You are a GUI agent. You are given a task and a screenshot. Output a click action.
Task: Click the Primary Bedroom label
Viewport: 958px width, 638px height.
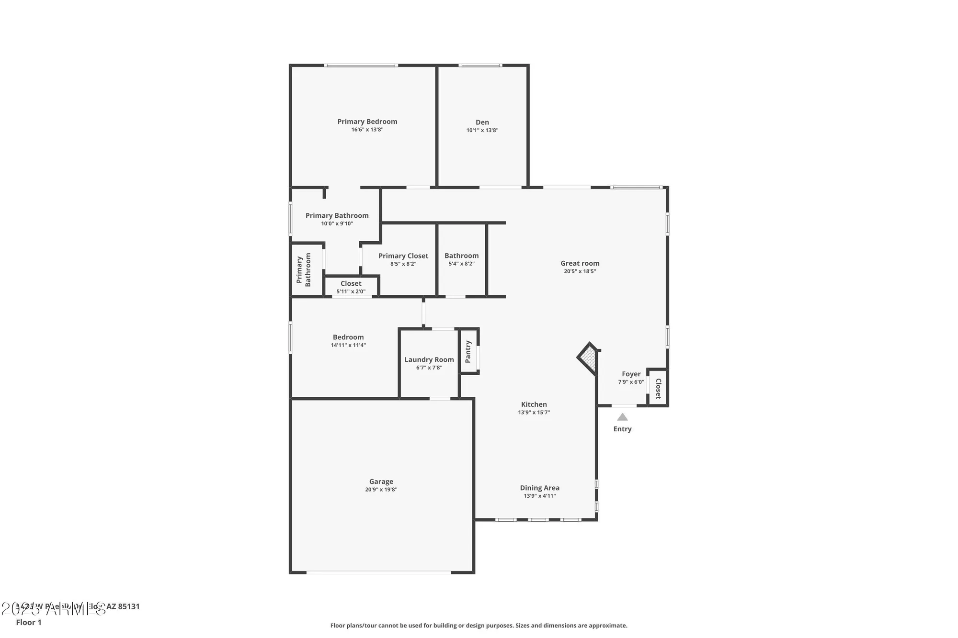pos(367,122)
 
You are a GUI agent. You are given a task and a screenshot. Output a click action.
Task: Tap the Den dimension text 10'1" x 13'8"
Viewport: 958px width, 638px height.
pos(482,130)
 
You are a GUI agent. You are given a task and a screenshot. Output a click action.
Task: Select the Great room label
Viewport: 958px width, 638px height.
pos(580,263)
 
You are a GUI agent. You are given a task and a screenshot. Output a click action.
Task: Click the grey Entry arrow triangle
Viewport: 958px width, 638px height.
pos(622,417)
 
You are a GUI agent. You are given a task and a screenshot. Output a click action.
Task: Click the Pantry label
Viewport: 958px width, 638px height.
pos(468,352)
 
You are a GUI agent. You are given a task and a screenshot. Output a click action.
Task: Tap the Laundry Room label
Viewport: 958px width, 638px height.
pos(429,359)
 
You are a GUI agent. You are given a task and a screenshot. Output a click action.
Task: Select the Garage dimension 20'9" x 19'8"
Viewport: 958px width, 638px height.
pos(381,490)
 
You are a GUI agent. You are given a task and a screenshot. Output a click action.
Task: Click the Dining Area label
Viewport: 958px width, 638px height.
pos(539,488)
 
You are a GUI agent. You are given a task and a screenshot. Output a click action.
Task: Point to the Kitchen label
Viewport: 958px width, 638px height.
pos(534,404)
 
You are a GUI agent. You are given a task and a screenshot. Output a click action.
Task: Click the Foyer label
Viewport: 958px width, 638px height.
pos(631,374)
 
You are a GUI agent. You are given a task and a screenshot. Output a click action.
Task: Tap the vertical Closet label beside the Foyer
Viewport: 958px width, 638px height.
pos(658,388)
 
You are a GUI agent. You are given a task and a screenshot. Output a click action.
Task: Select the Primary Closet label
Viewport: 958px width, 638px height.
pos(403,256)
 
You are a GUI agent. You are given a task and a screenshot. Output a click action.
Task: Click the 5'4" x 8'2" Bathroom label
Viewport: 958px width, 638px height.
pos(461,256)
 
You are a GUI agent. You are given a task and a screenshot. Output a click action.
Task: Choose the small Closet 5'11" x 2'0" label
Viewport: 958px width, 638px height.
pos(351,283)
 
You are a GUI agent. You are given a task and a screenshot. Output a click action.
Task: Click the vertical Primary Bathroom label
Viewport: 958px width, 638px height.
pos(304,269)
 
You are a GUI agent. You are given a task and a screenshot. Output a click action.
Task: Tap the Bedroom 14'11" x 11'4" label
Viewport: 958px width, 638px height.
pos(348,337)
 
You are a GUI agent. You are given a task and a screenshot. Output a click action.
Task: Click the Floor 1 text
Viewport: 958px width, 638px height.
pos(29,622)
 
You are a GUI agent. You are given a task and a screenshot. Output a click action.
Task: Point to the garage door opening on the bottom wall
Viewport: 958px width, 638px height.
pos(378,572)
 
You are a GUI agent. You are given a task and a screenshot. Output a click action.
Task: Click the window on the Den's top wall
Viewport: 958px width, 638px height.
pos(480,66)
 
